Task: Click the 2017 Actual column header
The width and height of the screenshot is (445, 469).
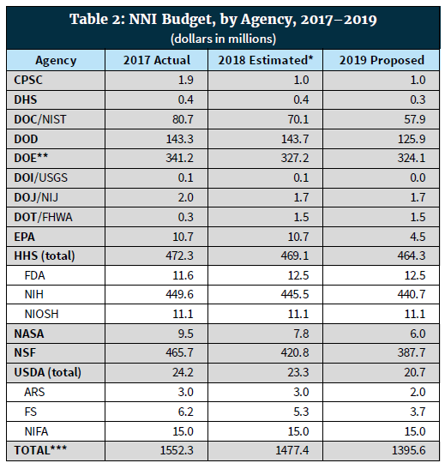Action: (x=157, y=60)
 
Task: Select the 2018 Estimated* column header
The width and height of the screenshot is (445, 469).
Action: (x=265, y=60)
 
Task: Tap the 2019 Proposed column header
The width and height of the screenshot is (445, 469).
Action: (x=382, y=60)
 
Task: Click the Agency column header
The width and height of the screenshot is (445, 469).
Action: (x=56, y=61)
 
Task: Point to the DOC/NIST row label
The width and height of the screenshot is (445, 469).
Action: (x=40, y=119)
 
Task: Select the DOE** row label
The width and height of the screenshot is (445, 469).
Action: (x=31, y=158)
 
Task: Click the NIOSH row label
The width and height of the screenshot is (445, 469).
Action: (x=41, y=314)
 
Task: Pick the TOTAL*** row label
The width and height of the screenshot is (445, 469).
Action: (x=40, y=450)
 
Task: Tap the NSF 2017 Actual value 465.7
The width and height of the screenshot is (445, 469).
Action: (x=180, y=352)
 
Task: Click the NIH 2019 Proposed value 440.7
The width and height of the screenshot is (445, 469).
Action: (x=412, y=295)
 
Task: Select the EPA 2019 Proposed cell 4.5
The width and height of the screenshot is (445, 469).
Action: (x=418, y=237)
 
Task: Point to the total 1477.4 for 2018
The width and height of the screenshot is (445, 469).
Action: (x=292, y=450)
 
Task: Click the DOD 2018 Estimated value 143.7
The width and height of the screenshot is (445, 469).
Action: (x=295, y=139)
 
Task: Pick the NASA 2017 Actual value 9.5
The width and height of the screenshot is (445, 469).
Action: (x=186, y=334)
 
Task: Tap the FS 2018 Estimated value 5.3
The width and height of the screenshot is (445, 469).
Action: (x=301, y=412)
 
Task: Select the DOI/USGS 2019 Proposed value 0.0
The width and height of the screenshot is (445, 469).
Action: (x=418, y=178)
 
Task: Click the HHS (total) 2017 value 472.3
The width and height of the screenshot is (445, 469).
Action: (x=180, y=256)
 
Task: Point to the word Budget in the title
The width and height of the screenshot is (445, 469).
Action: (x=189, y=20)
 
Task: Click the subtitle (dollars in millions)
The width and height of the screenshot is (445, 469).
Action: (x=223, y=39)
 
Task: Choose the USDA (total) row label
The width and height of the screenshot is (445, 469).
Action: (x=47, y=372)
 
